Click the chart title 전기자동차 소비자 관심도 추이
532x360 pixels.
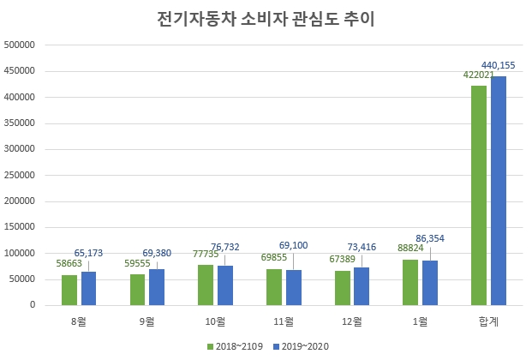pos(266,18)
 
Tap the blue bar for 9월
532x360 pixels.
pos(156,287)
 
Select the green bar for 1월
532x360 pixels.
pos(410,282)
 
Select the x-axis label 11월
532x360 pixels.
pos(283,321)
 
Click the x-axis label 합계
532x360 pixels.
pos(487,321)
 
